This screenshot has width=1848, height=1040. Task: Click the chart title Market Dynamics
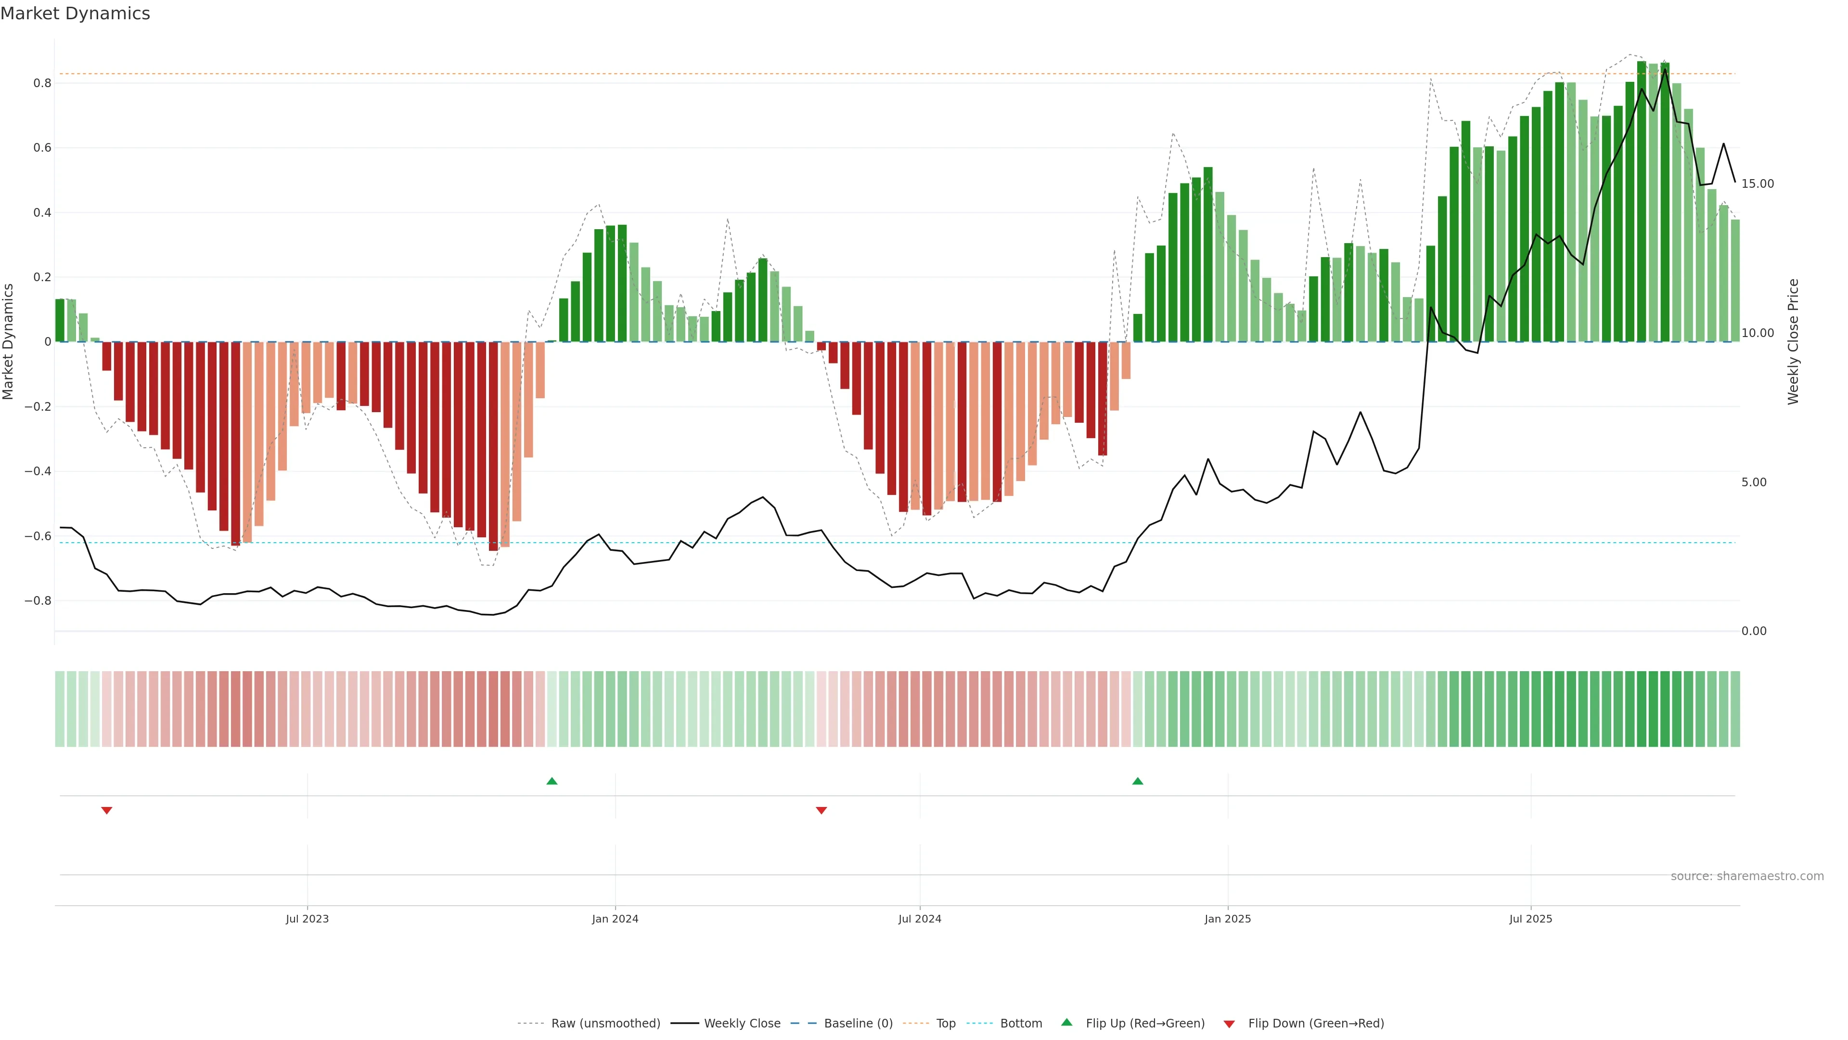click(x=76, y=13)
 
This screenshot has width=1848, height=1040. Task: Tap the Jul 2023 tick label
click(x=307, y=919)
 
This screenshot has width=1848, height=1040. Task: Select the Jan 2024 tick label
click(x=615, y=919)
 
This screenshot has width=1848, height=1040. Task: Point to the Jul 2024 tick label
click(x=920, y=919)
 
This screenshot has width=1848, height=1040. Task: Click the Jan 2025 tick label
click(x=1228, y=919)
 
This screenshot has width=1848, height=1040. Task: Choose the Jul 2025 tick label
click(x=1530, y=919)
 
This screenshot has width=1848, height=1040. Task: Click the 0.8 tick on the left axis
click(x=42, y=83)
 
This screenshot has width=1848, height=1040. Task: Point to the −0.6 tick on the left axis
click(x=38, y=536)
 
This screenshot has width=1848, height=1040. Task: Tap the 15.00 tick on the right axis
click(x=1757, y=184)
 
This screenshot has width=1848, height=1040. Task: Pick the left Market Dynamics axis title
click(x=9, y=342)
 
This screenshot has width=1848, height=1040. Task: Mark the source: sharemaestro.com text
click(x=1747, y=876)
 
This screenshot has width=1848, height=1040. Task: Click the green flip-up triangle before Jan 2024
click(x=552, y=781)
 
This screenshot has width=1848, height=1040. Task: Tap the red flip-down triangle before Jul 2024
click(x=821, y=810)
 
